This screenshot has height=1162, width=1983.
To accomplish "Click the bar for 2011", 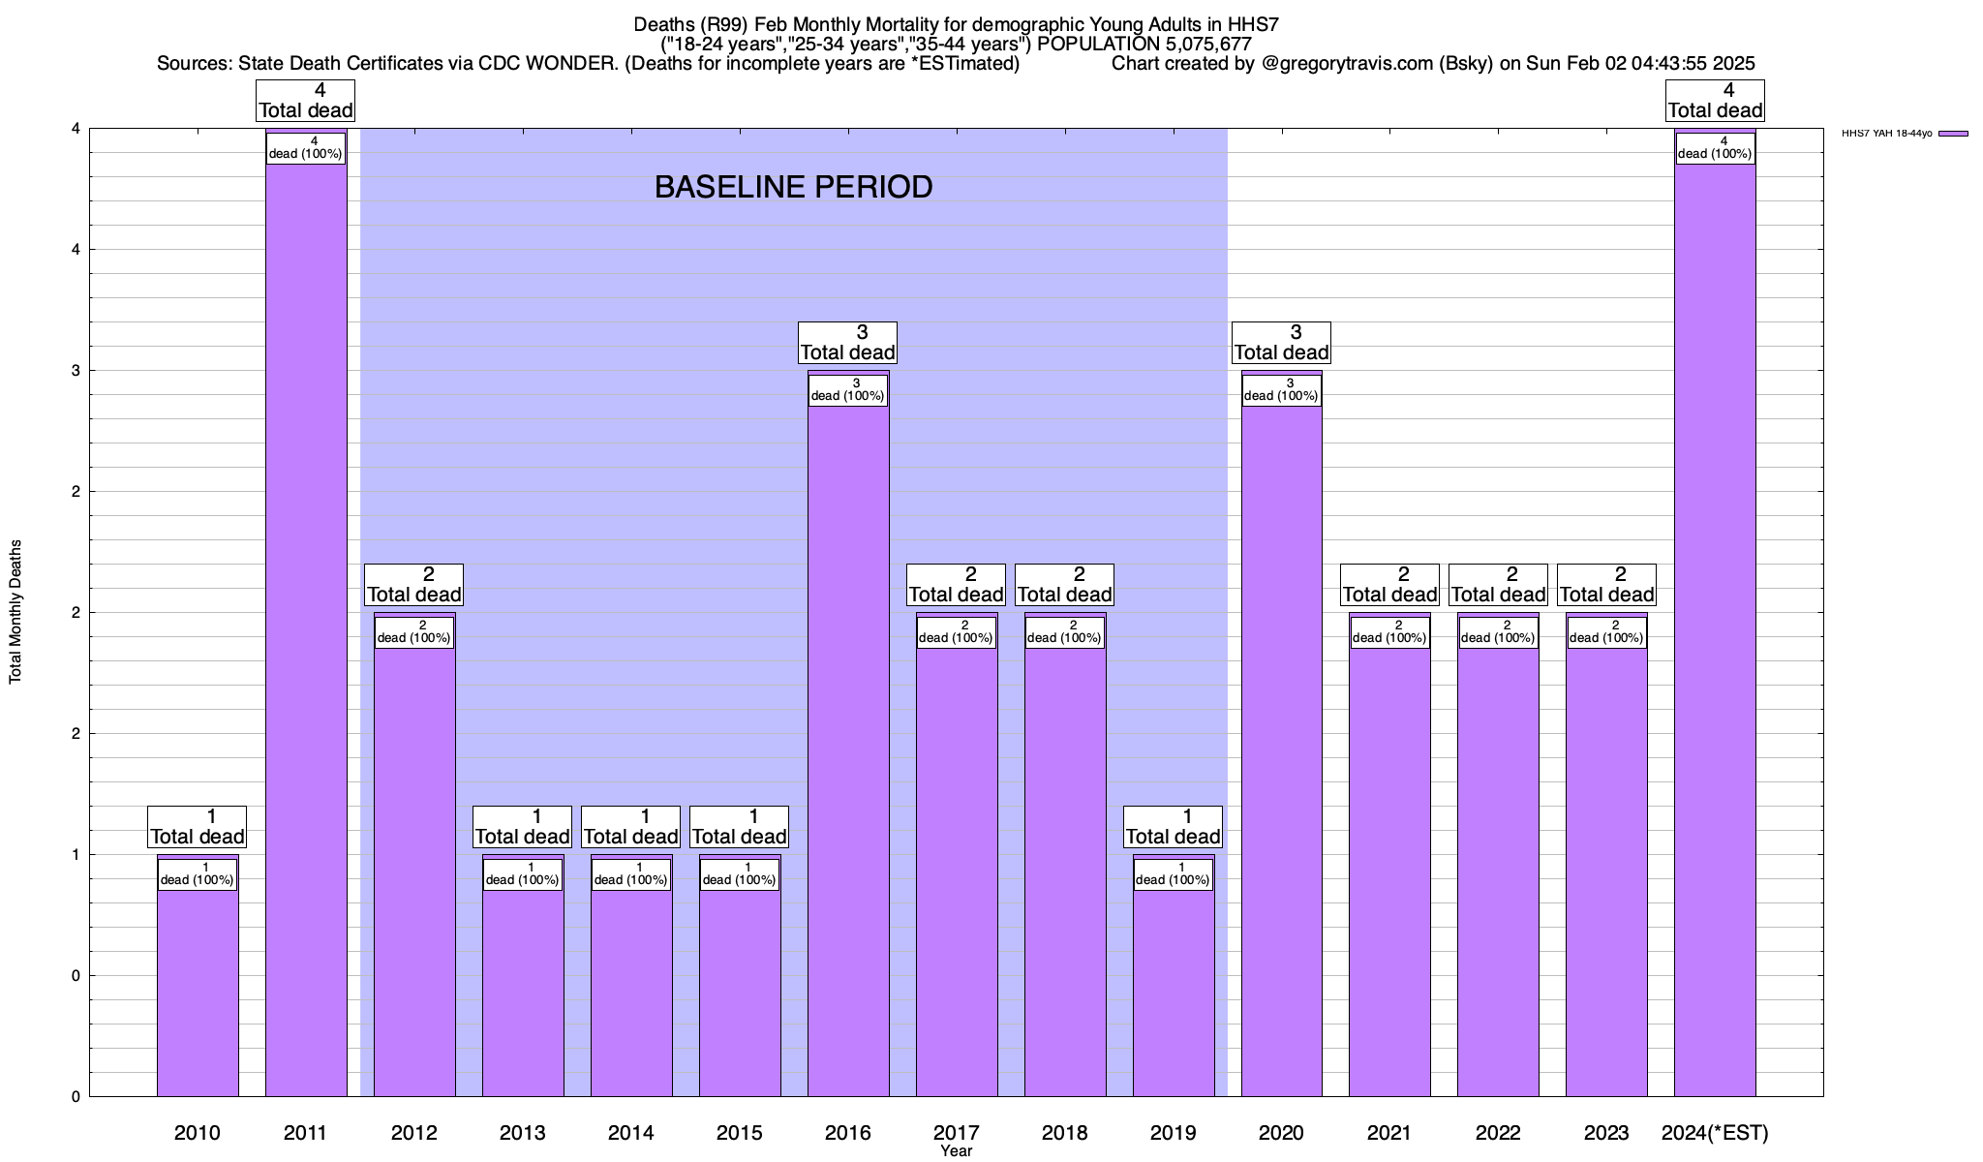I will coord(306,629).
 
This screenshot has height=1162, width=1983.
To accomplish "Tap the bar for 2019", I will coord(1174,988).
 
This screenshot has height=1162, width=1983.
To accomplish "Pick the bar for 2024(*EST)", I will coord(1715,629).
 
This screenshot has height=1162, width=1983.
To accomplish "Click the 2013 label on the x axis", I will coord(523,1133).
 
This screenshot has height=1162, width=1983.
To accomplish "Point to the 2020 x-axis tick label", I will coord(1281,1133).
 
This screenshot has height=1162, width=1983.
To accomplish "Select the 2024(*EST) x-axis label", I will coord(1715,1133).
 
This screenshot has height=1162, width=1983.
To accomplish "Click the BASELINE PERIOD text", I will coord(793,187).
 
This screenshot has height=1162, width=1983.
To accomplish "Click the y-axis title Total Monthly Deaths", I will coord(15,612).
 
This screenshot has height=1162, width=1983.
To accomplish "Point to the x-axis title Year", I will coord(956,1151).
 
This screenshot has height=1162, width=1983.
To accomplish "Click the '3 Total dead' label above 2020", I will coord(1281,343).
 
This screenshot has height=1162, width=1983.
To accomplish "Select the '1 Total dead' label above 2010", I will coord(198,827).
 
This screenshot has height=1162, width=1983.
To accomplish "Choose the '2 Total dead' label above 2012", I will coord(414,585).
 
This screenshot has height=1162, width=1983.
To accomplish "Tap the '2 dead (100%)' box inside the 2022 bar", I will coord(1498,631).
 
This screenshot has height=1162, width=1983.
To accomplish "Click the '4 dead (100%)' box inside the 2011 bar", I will coord(306,147).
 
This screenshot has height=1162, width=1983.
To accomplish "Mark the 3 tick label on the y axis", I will coord(75,371).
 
